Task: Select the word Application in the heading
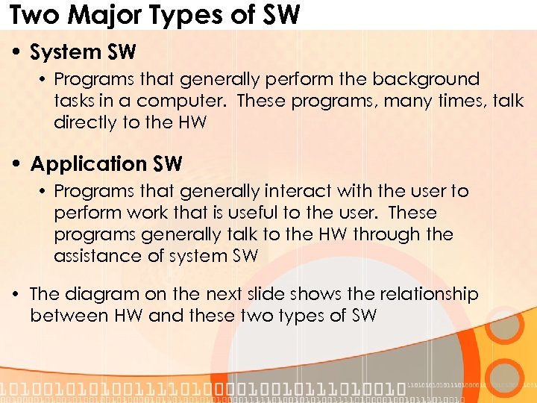tap(89, 164)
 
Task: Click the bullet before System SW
tap(17, 53)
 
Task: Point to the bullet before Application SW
tap(17, 164)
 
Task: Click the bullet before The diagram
tap(17, 295)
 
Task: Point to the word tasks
tap(74, 101)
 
